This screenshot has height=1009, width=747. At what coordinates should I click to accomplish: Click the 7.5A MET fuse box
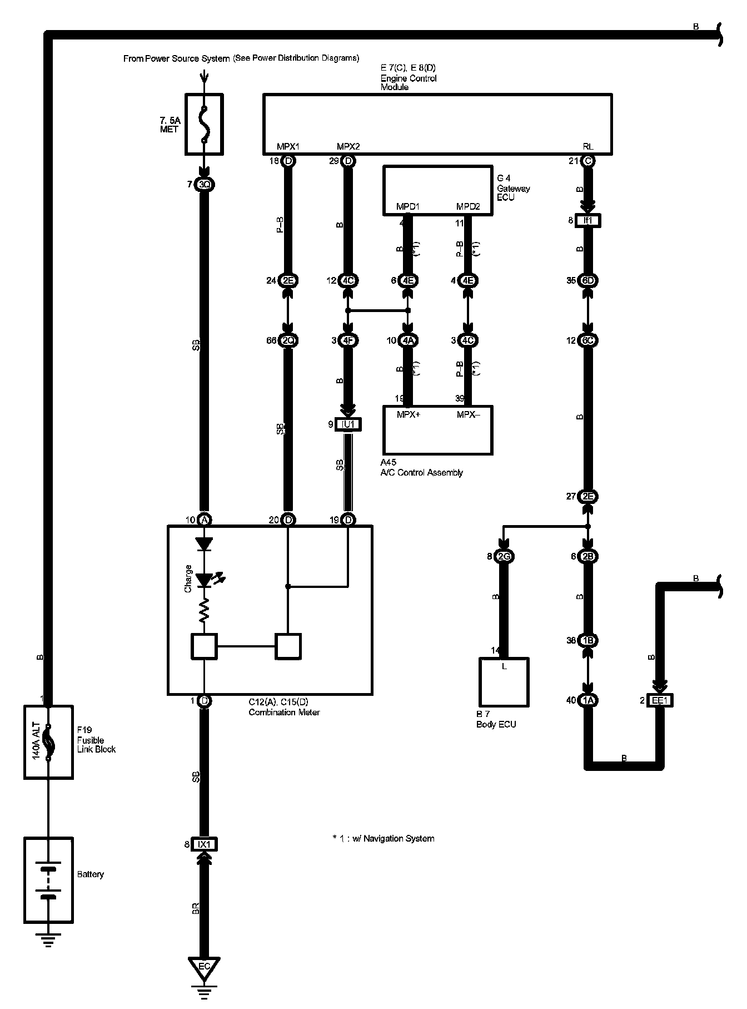click(x=204, y=124)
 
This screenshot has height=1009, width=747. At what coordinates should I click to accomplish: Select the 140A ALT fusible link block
click(x=48, y=742)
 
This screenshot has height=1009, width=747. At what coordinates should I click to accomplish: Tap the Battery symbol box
click(x=48, y=879)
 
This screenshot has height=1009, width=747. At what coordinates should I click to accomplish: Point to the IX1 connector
click(x=204, y=844)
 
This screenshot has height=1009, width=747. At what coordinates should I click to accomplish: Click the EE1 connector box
click(x=659, y=700)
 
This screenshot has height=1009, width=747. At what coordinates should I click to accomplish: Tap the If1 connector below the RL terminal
click(x=588, y=221)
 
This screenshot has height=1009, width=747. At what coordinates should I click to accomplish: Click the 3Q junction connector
click(x=204, y=184)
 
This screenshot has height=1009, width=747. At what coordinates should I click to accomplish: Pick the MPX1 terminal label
click(x=288, y=146)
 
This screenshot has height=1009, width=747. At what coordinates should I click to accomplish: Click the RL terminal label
click(x=588, y=146)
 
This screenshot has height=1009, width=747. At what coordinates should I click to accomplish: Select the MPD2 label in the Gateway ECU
click(x=468, y=207)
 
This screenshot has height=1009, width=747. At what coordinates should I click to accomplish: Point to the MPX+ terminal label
click(x=409, y=414)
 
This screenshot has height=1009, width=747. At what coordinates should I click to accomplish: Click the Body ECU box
click(x=504, y=682)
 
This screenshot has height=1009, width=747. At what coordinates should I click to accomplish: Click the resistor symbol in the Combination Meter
click(x=205, y=612)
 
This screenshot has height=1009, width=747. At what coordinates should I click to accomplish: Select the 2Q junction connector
click(x=288, y=340)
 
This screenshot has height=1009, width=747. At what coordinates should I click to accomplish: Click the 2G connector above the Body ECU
click(x=504, y=556)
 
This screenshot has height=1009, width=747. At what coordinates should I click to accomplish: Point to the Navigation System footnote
click(x=383, y=838)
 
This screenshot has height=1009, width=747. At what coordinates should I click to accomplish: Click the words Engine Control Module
click(x=409, y=82)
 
